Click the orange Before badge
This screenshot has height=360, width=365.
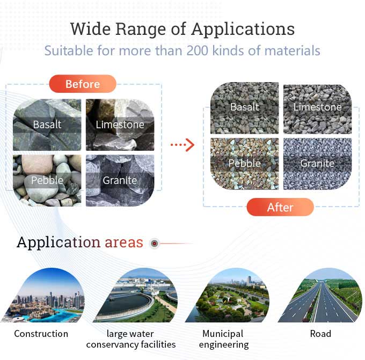click(83, 84)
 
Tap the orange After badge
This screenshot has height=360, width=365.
click(280, 207)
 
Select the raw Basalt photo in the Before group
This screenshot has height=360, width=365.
click(47, 124)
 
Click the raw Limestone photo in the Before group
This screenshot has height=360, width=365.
click(120, 124)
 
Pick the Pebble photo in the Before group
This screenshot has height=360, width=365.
click(47, 180)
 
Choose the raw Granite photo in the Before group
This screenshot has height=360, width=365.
click(120, 180)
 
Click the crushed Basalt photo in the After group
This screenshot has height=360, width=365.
click(244, 107)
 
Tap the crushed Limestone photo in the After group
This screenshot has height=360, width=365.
click(317, 107)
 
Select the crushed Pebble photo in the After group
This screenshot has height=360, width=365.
click(244, 164)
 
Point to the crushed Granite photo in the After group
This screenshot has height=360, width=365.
click(317, 164)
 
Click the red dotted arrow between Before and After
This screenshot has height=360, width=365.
click(182, 144)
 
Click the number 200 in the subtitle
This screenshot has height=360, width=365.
click(200, 51)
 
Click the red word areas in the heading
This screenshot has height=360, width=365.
click(124, 243)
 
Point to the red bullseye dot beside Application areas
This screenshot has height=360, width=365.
click(155, 244)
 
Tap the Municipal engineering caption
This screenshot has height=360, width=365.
click(224, 339)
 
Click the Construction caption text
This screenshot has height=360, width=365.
click(41, 334)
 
